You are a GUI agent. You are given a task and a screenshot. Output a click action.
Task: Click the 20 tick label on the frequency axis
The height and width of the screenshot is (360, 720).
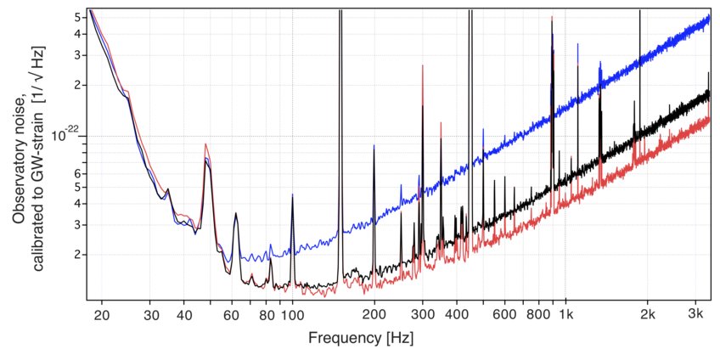101,314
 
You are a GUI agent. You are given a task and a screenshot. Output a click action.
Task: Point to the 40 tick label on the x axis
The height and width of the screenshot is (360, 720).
183,314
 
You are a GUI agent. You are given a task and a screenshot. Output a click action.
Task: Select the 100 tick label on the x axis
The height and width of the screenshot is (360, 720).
292,314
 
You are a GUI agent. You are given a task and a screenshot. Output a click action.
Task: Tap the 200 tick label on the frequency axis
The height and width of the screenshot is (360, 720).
374,314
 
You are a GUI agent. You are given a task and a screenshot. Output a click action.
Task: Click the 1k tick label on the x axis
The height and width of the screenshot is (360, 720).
566,314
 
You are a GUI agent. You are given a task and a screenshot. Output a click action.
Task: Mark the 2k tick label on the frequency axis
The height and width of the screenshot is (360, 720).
648,314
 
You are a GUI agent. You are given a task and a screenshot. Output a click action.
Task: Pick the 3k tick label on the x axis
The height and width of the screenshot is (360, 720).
695,314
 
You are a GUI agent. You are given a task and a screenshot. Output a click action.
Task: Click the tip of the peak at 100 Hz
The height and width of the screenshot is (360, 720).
292,195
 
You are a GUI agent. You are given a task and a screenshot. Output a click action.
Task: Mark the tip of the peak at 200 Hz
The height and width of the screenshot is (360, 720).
374,145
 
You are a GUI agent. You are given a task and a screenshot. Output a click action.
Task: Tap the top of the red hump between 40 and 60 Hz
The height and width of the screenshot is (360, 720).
205,144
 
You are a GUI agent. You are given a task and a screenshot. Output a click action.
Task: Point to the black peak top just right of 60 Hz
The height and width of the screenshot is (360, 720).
235,213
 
